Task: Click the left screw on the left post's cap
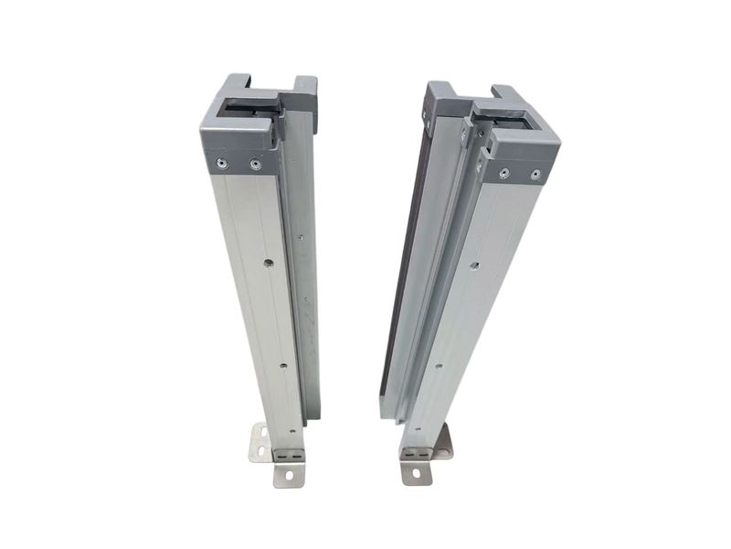[220, 163]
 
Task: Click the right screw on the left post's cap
[255, 166]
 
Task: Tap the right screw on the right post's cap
[535, 174]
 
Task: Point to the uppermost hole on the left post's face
[269, 263]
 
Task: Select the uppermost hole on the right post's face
[474, 266]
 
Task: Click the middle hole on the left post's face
[282, 365]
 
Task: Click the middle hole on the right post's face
[438, 366]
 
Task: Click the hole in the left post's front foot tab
[290, 474]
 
